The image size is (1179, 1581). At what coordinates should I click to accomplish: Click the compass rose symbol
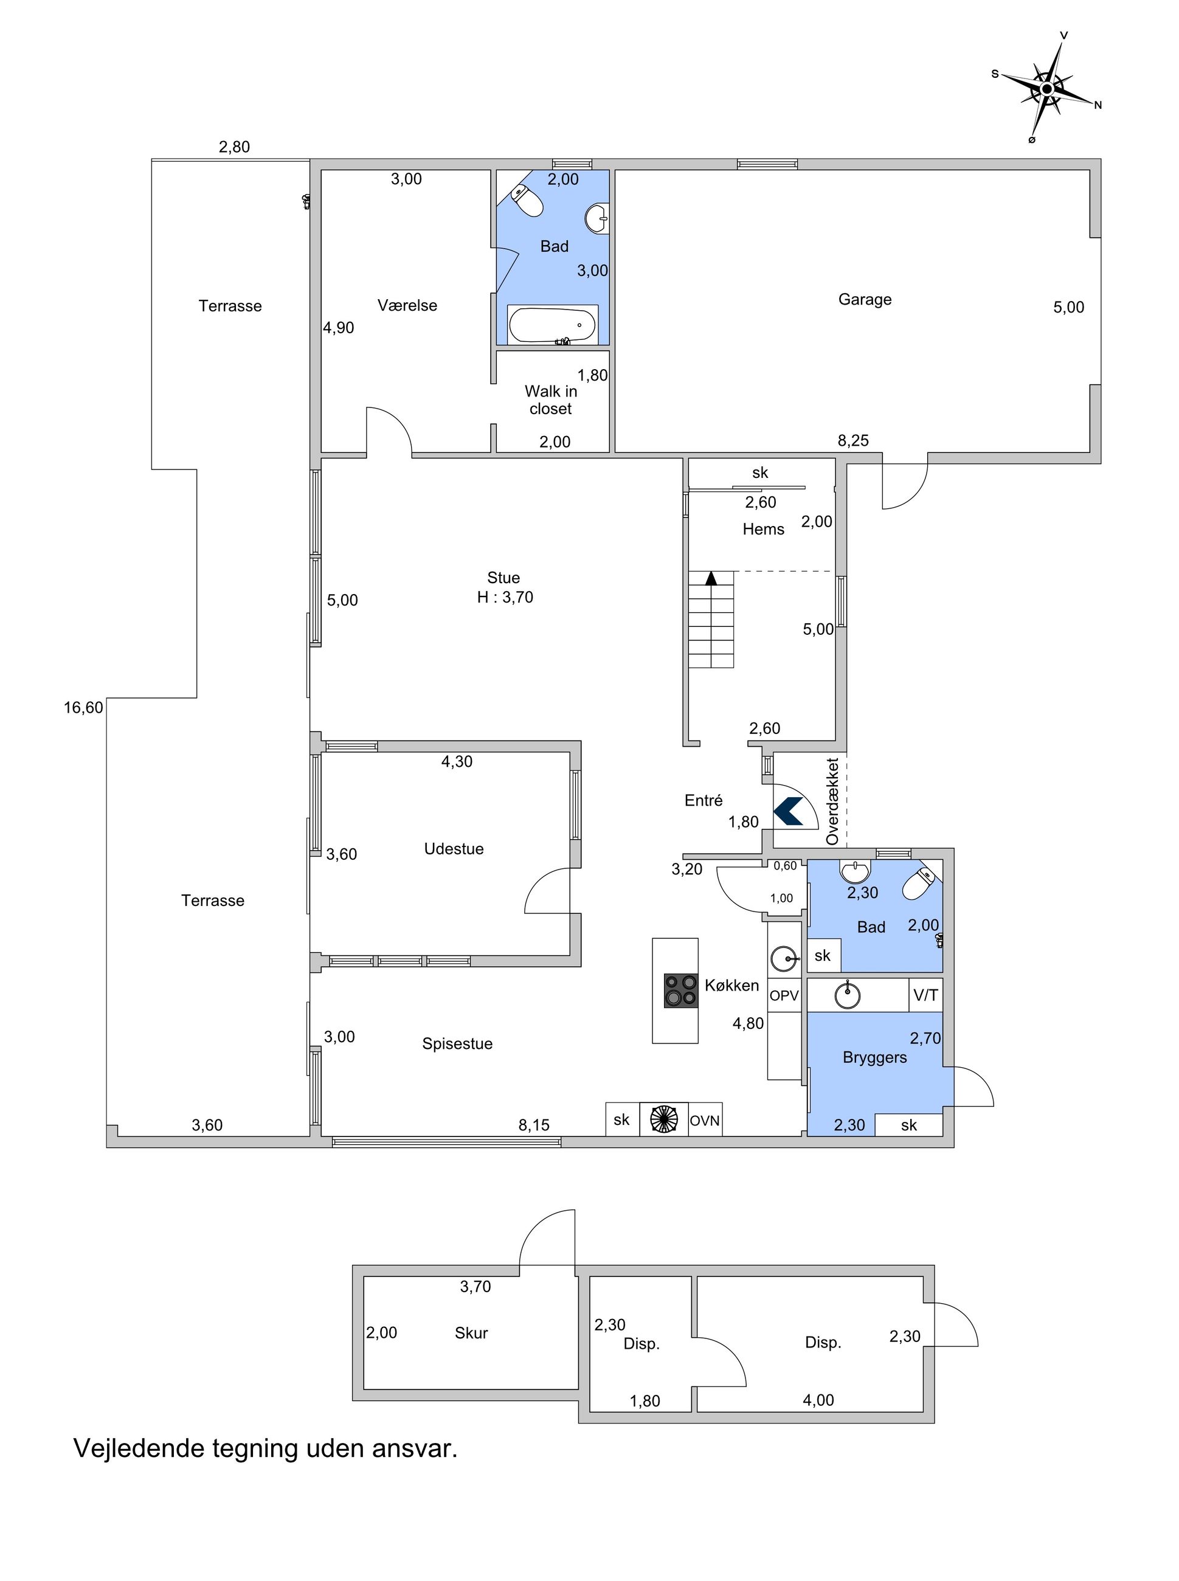click(1046, 88)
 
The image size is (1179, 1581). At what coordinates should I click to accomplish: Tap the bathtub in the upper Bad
click(553, 325)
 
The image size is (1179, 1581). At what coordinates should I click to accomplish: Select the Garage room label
click(865, 299)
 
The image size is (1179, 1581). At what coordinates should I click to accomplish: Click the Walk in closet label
click(551, 400)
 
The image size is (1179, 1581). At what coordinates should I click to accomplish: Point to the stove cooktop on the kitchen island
click(680, 991)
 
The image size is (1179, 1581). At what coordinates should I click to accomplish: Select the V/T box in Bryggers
click(925, 995)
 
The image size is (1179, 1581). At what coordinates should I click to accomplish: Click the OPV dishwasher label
click(784, 995)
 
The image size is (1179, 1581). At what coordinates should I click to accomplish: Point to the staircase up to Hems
click(711, 619)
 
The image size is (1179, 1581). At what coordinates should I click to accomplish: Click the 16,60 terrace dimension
click(83, 707)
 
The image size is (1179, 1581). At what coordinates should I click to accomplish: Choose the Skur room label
click(471, 1333)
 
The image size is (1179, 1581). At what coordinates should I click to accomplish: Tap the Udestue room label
click(454, 849)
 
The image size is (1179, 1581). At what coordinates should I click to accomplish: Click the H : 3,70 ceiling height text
click(505, 597)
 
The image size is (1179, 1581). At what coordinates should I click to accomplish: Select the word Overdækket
click(832, 801)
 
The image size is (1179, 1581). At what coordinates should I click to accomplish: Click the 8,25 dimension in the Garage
click(853, 440)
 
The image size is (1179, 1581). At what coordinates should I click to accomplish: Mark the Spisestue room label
click(457, 1043)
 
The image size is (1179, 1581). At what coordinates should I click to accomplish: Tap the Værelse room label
click(407, 305)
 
